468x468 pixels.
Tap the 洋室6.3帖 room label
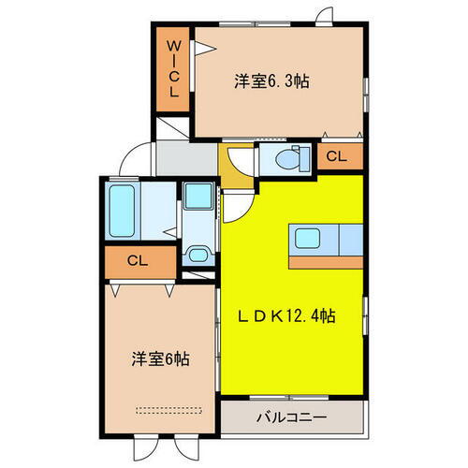pos(271,81)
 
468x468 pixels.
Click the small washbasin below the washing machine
pos(197,255)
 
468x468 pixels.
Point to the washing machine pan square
pos(197,197)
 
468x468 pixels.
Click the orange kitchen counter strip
pos(326,261)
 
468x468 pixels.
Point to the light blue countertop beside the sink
pos(348,239)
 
